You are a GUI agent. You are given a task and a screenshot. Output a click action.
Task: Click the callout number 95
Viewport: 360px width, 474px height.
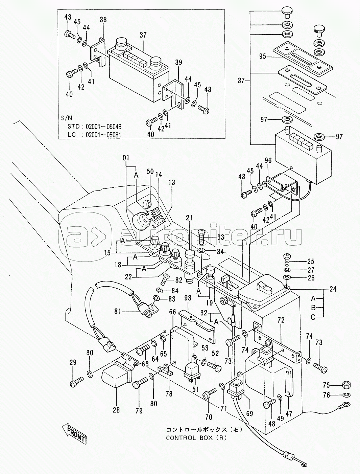click(x=263, y=57)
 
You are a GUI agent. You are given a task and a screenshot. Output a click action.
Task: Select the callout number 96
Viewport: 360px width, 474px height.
click(x=268, y=160)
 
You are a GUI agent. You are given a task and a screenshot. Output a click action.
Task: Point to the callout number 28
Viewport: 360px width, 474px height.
click(x=116, y=410)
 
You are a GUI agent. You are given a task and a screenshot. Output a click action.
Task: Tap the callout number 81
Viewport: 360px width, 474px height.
click(x=118, y=311)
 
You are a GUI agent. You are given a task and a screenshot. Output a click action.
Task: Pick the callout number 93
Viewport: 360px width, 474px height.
click(x=188, y=298)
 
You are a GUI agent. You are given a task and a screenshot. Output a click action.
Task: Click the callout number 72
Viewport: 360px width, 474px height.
click(x=281, y=320)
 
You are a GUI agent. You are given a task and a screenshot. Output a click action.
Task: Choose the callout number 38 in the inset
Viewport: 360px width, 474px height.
click(x=103, y=20)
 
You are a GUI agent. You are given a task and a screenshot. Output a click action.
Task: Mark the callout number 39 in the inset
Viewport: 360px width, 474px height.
click(x=178, y=62)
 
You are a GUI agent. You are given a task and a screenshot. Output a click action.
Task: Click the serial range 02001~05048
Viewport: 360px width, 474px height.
click(x=103, y=126)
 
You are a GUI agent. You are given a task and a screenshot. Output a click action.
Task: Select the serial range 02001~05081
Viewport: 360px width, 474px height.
click(x=103, y=135)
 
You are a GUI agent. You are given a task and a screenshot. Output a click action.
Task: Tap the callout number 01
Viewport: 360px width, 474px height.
click(x=126, y=158)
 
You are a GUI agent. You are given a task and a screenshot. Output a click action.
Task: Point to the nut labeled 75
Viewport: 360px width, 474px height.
click(x=346, y=385)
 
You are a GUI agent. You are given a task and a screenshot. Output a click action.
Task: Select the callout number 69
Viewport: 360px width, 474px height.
click(x=249, y=413)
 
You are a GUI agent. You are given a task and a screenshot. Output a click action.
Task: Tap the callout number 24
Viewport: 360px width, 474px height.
click(x=333, y=289)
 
